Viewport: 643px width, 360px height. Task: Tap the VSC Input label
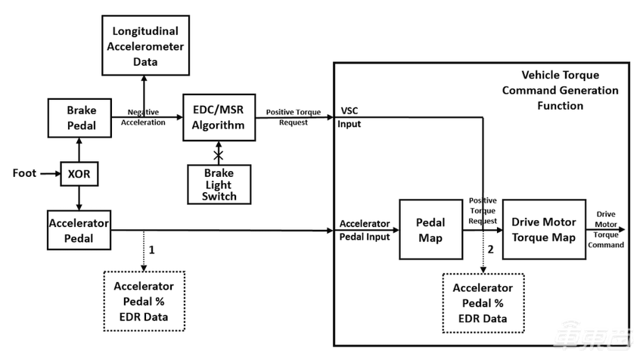pos(350,119)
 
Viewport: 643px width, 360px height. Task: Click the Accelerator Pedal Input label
pos(365,230)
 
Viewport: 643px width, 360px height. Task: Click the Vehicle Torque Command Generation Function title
pos(559,91)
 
